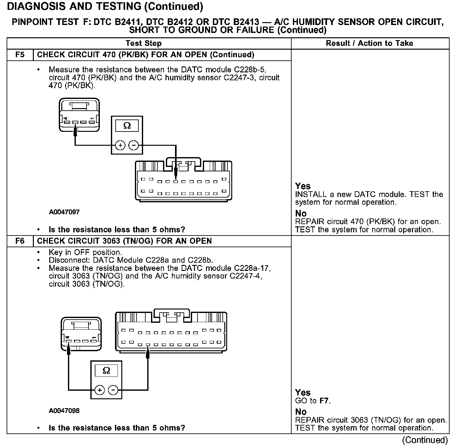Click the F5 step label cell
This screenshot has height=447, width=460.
click(x=20, y=55)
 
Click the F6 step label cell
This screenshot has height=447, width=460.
click(x=20, y=241)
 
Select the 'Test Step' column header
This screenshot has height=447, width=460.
click(x=143, y=43)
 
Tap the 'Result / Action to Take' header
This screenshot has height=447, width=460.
click(x=369, y=43)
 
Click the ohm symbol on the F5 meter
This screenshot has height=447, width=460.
click(x=127, y=126)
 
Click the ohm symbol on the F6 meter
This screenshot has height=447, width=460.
click(x=106, y=370)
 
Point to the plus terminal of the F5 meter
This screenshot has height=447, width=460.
click(x=120, y=145)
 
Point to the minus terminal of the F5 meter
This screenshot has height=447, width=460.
click(x=134, y=145)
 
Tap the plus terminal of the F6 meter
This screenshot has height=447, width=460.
click(x=100, y=390)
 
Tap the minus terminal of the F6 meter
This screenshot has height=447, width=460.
click(x=113, y=390)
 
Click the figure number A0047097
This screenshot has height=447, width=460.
click(x=64, y=212)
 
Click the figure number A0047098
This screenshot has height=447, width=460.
click(x=64, y=411)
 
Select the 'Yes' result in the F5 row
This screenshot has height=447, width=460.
click(x=303, y=186)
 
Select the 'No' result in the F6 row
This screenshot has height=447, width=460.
click(x=301, y=412)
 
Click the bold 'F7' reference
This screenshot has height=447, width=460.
click(x=325, y=401)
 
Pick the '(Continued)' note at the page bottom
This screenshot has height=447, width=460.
click(x=425, y=440)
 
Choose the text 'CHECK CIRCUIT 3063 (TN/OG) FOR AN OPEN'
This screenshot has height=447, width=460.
click(x=124, y=241)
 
